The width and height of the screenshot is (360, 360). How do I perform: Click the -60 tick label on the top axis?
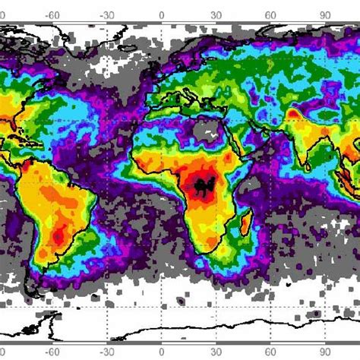tap(52, 12)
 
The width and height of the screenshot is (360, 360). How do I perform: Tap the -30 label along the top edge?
tap(106, 12)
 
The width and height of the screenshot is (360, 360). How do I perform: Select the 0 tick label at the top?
tap(162, 12)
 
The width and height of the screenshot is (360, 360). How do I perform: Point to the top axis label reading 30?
tap(216, 12)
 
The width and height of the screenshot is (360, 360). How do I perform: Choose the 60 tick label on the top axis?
tap(270, 12)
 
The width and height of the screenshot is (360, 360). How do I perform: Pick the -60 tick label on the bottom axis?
tap(52, 353)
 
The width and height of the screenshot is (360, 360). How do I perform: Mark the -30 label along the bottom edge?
tap(106, 353)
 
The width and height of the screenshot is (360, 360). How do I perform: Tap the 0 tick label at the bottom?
tap(162, 353)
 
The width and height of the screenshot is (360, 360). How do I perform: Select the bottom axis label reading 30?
tap(216, 353)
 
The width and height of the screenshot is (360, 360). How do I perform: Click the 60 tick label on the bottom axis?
tap(270, 353)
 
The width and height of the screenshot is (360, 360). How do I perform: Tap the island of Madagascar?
tap(247, 225)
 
